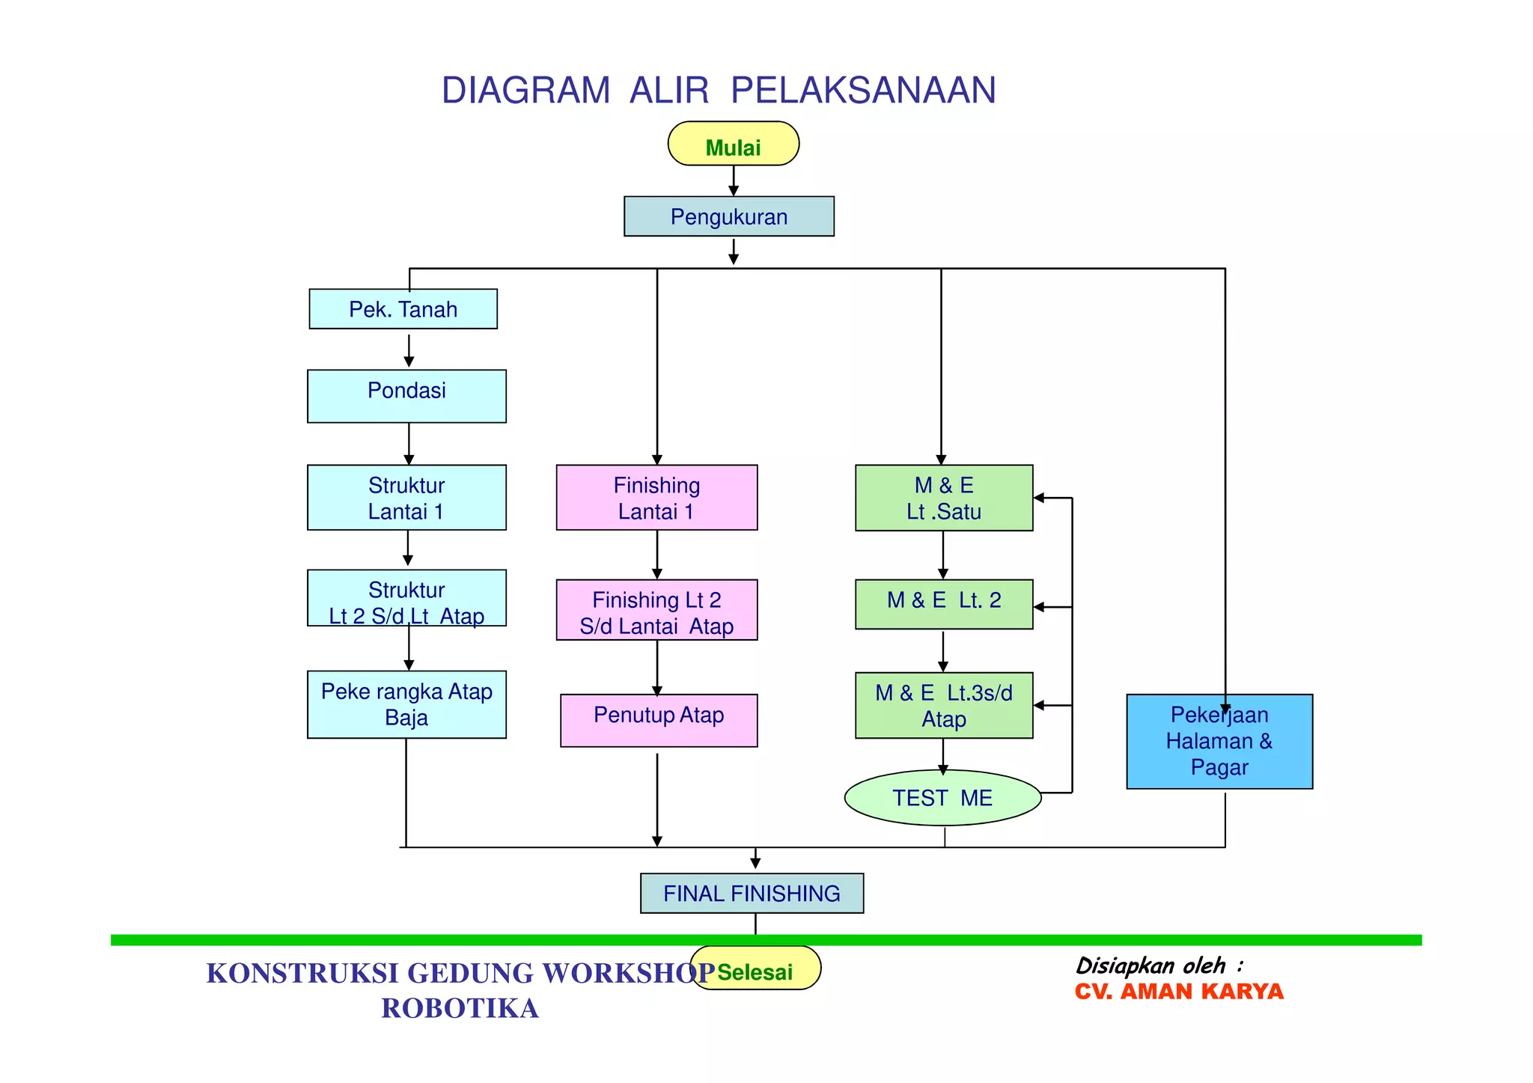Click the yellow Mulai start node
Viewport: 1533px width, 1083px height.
pos(733,144)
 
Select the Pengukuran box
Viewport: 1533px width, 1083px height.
pos(728,217)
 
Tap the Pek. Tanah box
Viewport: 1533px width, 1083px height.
pos(403,309)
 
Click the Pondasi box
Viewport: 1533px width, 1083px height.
pos(406,396)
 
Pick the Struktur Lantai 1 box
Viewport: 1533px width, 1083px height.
pos(406,498)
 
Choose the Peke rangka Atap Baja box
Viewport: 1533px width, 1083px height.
pos(406,704)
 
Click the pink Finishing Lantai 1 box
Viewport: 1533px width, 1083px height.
pos(656,498)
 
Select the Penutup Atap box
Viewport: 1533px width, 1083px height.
pos(659,720)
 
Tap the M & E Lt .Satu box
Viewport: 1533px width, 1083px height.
pos(943,498)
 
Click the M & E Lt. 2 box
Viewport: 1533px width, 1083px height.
pos(943,604)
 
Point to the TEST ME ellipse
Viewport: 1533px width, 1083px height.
pos(942,798)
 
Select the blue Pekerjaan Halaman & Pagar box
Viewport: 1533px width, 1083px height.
pos(1219,742)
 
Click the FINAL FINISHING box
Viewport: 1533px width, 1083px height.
pos(752,893)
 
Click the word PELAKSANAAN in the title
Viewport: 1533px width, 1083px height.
pos(862,91)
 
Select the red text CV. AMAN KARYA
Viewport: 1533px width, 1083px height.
pos(1178,992)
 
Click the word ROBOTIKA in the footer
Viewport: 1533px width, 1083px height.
pos(460,1008)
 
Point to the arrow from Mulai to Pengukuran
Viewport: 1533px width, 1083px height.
pos(734,182)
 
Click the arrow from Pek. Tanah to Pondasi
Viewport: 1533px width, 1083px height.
pos(409,351)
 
